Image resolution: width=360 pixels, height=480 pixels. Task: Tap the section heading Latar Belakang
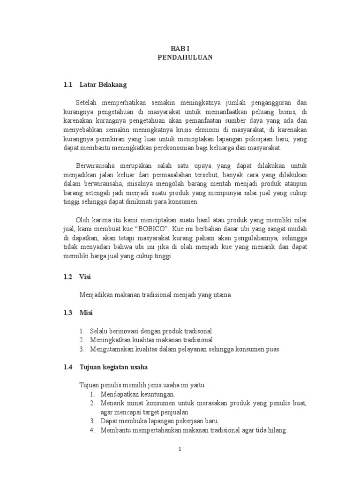click(x=103, y=85)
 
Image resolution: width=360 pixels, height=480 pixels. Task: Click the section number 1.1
click(x=68, y=85)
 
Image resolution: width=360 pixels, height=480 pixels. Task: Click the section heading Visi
click(x=85, y=277)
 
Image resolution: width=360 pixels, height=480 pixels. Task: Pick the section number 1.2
click(x=68, y=277)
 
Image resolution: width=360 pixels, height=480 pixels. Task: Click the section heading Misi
click(x=86, y=313)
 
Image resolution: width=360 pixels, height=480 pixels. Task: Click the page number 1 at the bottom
click(x=180, y=450)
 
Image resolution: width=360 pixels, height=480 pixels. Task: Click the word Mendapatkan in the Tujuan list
click(x=119, y=395)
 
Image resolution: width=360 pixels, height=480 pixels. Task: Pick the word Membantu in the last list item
click(x=114, y=431)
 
